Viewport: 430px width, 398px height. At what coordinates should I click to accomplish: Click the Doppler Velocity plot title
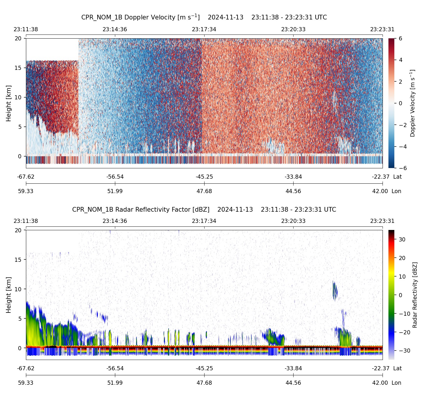point(204,17)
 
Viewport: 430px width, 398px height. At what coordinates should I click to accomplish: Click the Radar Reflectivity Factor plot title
point(204,210)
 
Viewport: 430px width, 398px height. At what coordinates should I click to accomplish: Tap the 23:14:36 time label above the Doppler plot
point(115,29)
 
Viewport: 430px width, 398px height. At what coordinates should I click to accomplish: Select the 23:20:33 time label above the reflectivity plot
point(293,221)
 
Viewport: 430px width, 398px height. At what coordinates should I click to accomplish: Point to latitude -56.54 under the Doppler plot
point(115,177)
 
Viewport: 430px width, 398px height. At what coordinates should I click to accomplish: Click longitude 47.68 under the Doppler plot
point(204,191)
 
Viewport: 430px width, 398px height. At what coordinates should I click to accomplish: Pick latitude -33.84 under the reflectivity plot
point(293,369)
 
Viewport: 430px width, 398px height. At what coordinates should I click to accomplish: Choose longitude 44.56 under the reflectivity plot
point(293,383)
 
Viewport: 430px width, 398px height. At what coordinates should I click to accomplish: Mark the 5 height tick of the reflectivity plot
point(20,319)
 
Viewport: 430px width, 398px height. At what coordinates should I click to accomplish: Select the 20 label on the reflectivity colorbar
point(402,258)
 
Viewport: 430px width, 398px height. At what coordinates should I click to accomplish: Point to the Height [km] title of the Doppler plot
point(9,103)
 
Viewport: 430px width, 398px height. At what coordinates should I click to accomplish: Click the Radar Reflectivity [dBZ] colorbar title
point(415,295)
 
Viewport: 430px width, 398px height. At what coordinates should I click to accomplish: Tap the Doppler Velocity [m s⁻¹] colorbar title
point(413,103)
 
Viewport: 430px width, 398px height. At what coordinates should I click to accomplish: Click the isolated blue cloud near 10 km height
point(335,290)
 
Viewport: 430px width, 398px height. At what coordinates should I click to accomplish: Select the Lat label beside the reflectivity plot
point(397,369)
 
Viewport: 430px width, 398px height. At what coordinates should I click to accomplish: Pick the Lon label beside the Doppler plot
point(396,191)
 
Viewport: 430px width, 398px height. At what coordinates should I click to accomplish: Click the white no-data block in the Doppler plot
point(52,49)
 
